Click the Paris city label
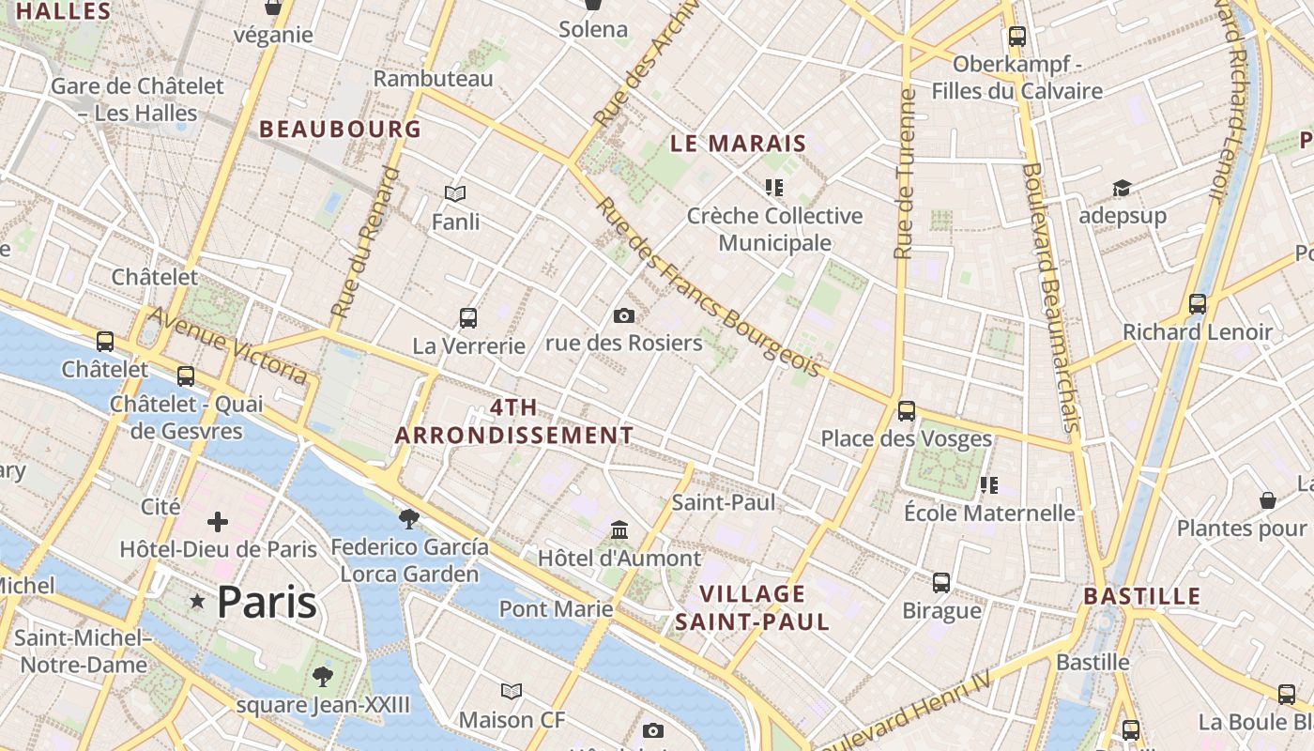click(x=267, y=602)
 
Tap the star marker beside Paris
click(x=197, y=601)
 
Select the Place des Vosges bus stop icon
click(x=907, y=411)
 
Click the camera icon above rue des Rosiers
click(x=623, y=316)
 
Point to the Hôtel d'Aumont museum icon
click(x=619, y=531)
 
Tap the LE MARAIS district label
click(x=739, y=144)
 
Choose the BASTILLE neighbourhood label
click(x=1142, y=596)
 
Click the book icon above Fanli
click(x=455, y=194)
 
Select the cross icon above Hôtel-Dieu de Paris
click(x=218, y=522)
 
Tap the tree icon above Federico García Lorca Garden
click(x=409, y=519)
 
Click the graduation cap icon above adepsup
click(x=1122, y=189)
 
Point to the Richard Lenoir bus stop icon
click(x=1198, y=304)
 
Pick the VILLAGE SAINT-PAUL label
click(x=753, y=607)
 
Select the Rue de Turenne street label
click(x=905, y=174)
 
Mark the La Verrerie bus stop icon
click(x=468, y=318)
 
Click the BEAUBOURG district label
click(x=340, y=130)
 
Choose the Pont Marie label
click(x=556, y=609)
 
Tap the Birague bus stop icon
click(x=941, y=583)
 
